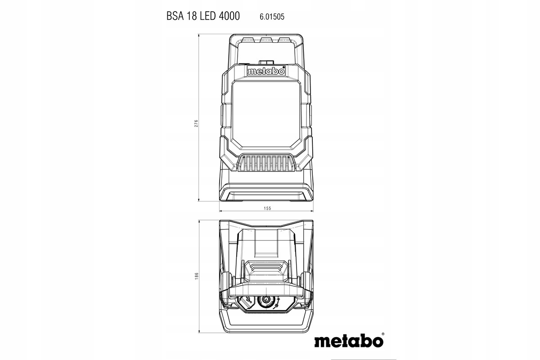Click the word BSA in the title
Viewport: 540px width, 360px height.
(175, 16)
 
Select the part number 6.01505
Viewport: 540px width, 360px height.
(272, 17)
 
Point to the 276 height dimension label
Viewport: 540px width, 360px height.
(196, 123)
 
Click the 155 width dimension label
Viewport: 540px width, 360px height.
(267, 208)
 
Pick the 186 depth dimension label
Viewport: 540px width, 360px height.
(197, 276)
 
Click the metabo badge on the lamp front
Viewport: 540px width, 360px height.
(266, 72)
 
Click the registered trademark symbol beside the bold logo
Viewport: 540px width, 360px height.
(383, 334)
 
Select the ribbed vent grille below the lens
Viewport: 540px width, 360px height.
(266, 163)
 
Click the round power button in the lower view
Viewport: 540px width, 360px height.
(266, 300)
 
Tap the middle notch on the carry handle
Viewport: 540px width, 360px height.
(266, 40)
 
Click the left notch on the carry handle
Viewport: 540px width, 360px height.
(248, 40)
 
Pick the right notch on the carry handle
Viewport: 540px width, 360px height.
(284, 40)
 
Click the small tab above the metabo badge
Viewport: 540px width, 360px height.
(266, 62)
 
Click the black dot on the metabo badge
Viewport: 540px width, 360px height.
(283, 67)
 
